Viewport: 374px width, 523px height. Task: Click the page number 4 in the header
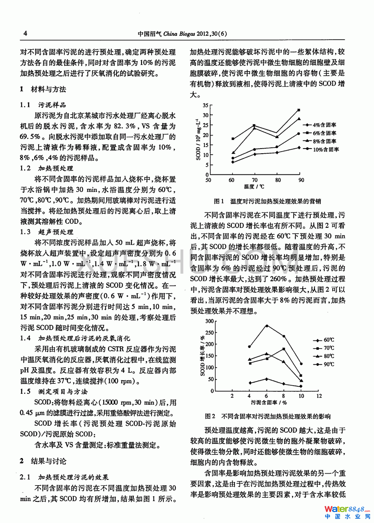click(x=25, y=33)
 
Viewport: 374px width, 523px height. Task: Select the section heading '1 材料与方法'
click(x=43, y=89)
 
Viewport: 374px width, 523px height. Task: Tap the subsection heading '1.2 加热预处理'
click(x=46, y=168)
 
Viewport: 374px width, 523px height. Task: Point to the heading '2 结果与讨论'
click(x=43, y=461)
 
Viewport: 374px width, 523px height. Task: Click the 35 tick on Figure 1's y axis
click(x=206, y=105)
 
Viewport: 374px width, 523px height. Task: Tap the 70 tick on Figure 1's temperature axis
click(x=254, y=180)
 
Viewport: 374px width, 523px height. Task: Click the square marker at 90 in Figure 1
click(x=299, y=110)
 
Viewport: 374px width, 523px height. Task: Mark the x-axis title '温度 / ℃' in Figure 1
click(x=254, y=187)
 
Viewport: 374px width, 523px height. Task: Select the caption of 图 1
click(x=267, y=201)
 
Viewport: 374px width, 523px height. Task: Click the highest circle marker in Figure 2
click(x=266, y=326)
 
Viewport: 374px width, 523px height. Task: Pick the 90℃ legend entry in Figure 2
click(x=323, y=364)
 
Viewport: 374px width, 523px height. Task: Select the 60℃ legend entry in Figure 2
click(x=323, y=340)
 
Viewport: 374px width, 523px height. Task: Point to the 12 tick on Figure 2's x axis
click(x=319, y=396)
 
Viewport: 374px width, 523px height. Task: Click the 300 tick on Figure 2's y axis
click(x=209, y=321)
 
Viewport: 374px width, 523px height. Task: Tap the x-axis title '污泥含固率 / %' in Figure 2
click(x=269, y=403)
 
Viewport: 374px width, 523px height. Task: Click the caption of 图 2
click(x=268, y=416)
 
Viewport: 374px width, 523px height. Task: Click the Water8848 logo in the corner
click(x=347, y=512)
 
